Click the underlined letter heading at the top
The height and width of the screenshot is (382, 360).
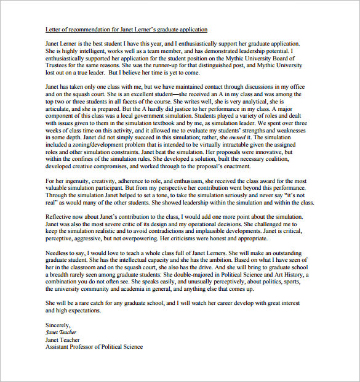click(x=127, y=30)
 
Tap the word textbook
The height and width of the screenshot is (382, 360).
click(x=154, y=125)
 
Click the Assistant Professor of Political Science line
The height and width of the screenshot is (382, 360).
click(x=94, y=346)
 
